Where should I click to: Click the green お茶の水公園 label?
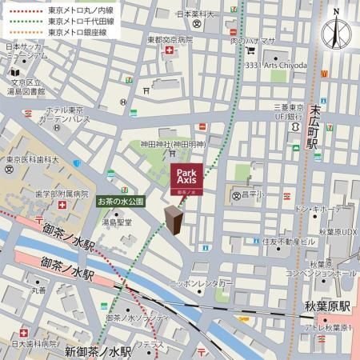(x=120, y=202)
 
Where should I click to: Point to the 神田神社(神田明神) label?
(x=173, y=144)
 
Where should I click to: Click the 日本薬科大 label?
(x=197, y=14)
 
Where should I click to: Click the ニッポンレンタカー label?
(x=202, y=284)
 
